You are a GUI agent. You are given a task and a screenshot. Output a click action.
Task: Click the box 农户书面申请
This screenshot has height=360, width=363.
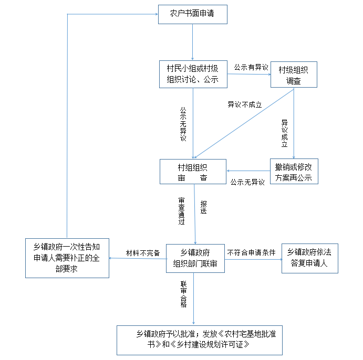click(193, 14)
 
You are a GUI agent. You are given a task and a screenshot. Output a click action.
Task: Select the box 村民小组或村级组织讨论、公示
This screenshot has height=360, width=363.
click(193, 74)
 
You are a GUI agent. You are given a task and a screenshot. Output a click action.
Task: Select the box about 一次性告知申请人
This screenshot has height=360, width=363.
click(67, 258)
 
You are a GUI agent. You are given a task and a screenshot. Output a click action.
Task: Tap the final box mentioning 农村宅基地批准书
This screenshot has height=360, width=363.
click(199, 340)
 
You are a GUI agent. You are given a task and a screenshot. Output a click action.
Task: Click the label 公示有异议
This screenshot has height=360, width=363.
click(251, 67)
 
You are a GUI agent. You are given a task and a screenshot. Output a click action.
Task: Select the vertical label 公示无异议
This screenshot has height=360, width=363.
click(183, 124)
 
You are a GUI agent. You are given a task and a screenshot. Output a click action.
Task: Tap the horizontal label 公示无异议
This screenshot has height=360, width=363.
click(247, 183)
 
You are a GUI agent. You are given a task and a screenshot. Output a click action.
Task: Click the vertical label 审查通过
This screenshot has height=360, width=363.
click(181, 211)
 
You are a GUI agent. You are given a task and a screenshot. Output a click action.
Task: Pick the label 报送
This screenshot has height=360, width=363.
click(203, 207)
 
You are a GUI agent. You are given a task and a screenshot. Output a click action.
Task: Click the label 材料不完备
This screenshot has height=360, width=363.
click(142, 252)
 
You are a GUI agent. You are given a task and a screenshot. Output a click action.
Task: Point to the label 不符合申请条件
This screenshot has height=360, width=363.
click(251, 252)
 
